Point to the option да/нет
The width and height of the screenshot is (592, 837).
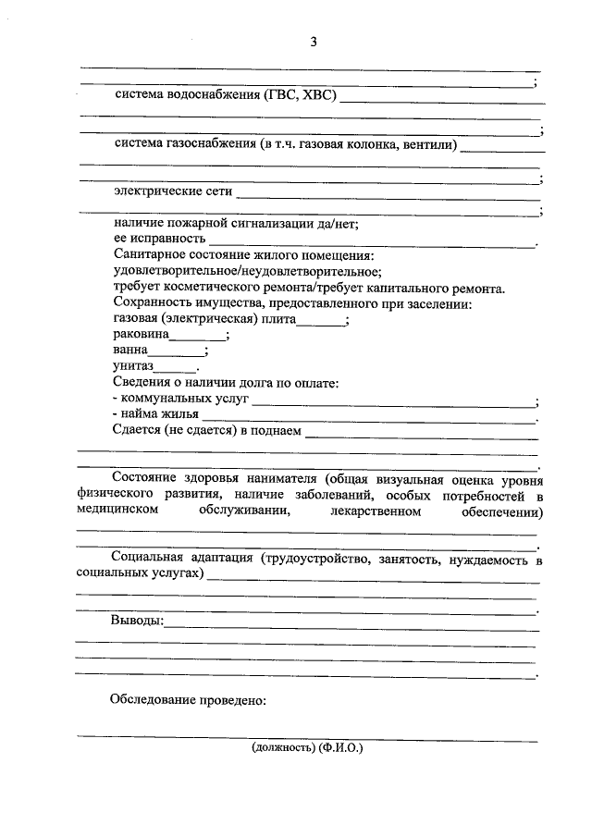pyautogui.click(x=337, y=223)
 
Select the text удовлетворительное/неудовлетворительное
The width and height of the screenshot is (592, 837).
pyautogui.click(x=246, y=271)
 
